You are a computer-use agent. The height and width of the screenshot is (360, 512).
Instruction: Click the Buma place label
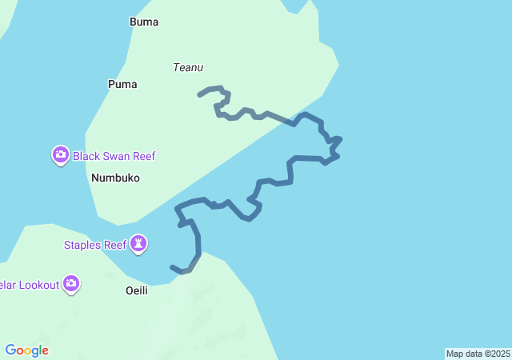144,22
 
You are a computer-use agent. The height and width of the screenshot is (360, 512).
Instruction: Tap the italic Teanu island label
188,67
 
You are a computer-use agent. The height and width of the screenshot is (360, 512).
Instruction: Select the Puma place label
122,84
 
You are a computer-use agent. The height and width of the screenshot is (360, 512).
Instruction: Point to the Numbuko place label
115,178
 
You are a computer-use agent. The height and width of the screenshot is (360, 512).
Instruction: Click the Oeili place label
137,290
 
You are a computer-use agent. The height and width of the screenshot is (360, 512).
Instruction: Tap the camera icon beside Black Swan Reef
61,155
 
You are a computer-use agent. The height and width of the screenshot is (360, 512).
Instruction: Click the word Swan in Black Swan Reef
118,156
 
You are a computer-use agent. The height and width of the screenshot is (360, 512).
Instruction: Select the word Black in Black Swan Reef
87,156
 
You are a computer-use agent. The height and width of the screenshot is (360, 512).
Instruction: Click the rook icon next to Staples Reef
139,243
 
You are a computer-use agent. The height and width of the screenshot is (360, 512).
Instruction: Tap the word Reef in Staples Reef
114,244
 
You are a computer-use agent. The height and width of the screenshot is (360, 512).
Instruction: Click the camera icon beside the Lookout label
72,283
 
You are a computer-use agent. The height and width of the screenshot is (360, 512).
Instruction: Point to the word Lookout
37,284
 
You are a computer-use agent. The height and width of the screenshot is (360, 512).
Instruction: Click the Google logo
26,350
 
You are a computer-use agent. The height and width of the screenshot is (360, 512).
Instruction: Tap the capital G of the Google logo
10,350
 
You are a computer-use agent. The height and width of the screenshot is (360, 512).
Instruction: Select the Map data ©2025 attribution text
478,354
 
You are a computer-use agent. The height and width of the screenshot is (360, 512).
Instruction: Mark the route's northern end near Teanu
199,94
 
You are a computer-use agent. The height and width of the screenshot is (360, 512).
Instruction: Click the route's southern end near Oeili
172,266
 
